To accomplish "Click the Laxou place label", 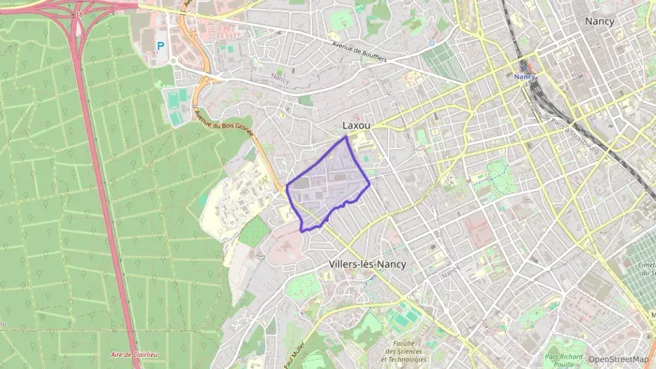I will coord(356,125).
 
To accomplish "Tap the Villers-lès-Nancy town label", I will coord(367,265).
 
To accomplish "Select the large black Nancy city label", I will coord(599,21).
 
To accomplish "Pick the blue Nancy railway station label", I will coord(524,76).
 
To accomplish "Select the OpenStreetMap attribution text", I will coord(619,359).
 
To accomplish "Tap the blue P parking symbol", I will coord(160,46).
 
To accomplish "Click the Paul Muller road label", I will coord(294,354).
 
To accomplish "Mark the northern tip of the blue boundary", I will coord(346,137).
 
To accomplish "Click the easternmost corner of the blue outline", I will coord(369,184).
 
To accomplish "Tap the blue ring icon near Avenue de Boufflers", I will coord(431,43).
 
